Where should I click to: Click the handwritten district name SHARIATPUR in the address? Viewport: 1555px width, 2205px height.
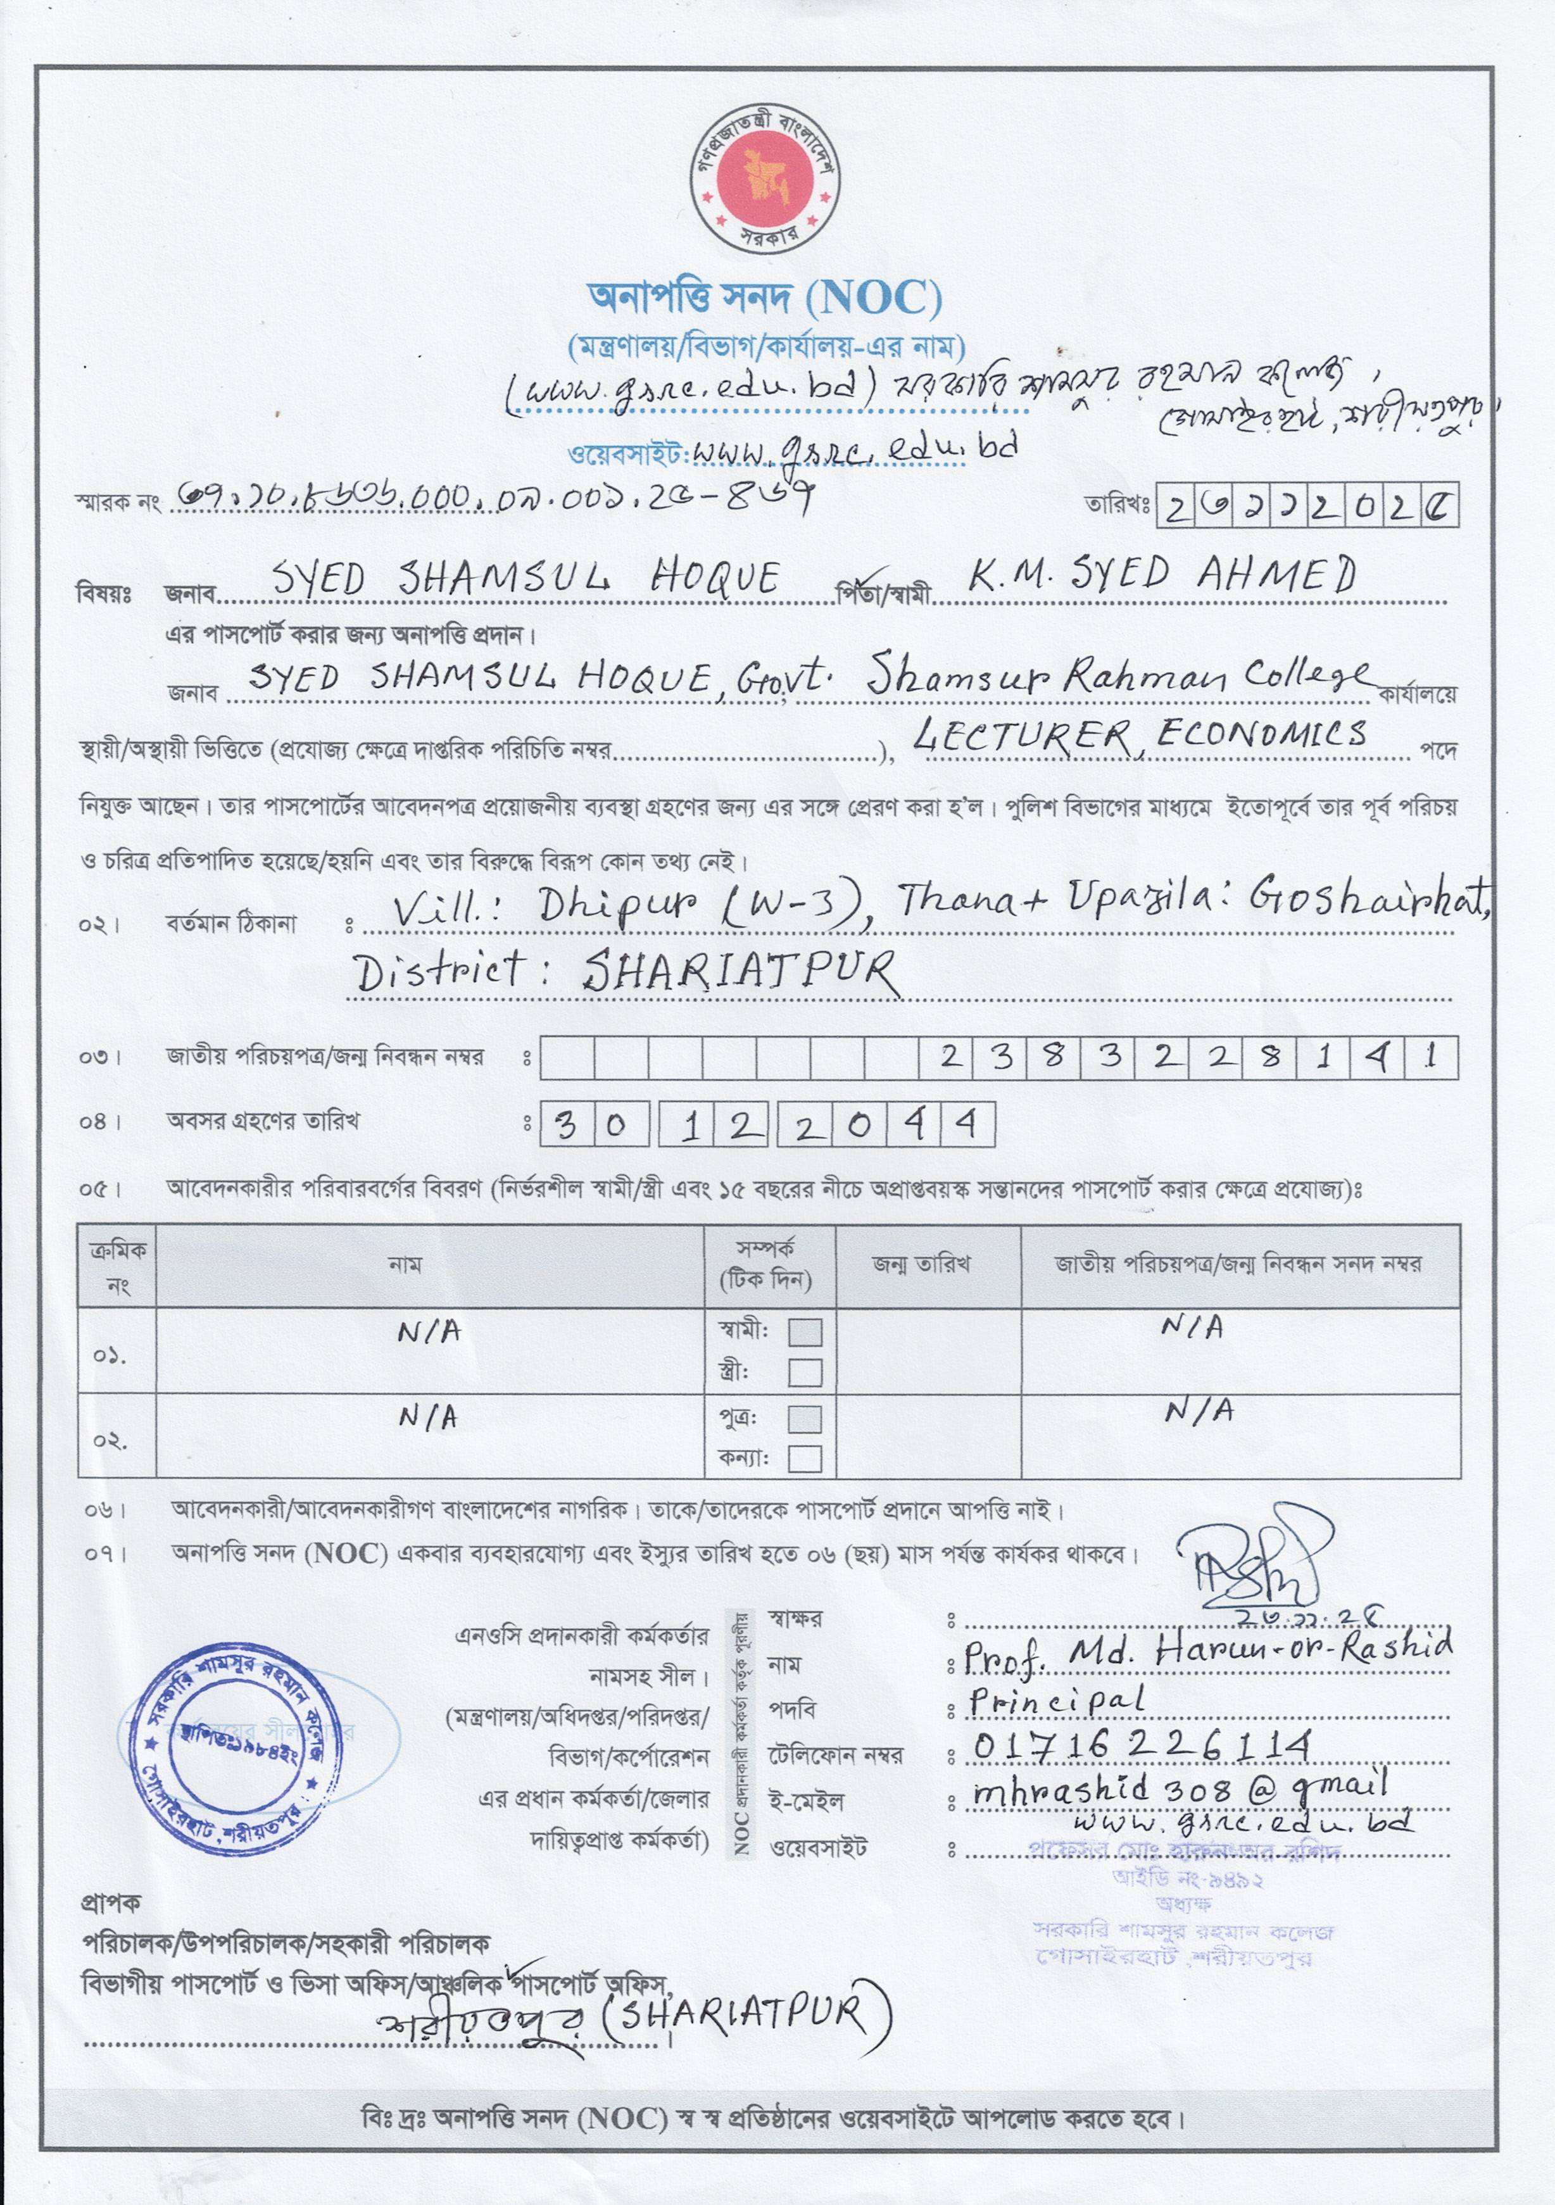click(740, 972)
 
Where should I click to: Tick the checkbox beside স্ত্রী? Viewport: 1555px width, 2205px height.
click(805, 1373)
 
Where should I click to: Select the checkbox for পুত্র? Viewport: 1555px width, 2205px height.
click(805, 1419)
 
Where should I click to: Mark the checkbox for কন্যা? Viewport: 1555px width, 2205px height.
click(805, 1459)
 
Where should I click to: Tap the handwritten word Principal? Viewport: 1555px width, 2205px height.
click(1057, 1701)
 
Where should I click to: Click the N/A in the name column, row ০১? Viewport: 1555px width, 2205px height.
click(429, 1331)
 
